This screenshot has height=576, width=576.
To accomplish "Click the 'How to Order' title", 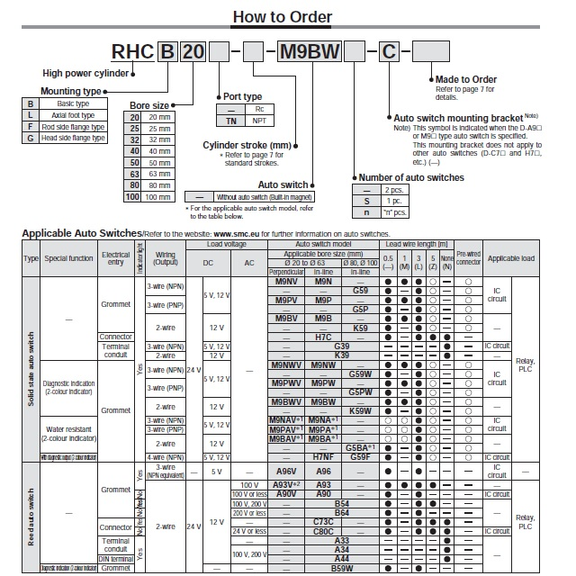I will point(282,17).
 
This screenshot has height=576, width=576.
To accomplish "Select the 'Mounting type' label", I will point(70,92).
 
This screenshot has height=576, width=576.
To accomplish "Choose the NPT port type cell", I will point(232,120).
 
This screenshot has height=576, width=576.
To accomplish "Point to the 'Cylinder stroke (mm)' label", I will point(247,145).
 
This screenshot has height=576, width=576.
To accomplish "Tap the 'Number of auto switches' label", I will point(411,177).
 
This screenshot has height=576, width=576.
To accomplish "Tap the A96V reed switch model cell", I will point(286,471).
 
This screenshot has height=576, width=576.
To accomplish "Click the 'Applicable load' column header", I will point(510,258).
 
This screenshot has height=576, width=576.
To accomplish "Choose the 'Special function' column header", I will point(68,258).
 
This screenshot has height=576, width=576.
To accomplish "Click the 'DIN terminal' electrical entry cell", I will point(115,559).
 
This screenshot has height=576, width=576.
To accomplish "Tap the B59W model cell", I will point(341,568).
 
